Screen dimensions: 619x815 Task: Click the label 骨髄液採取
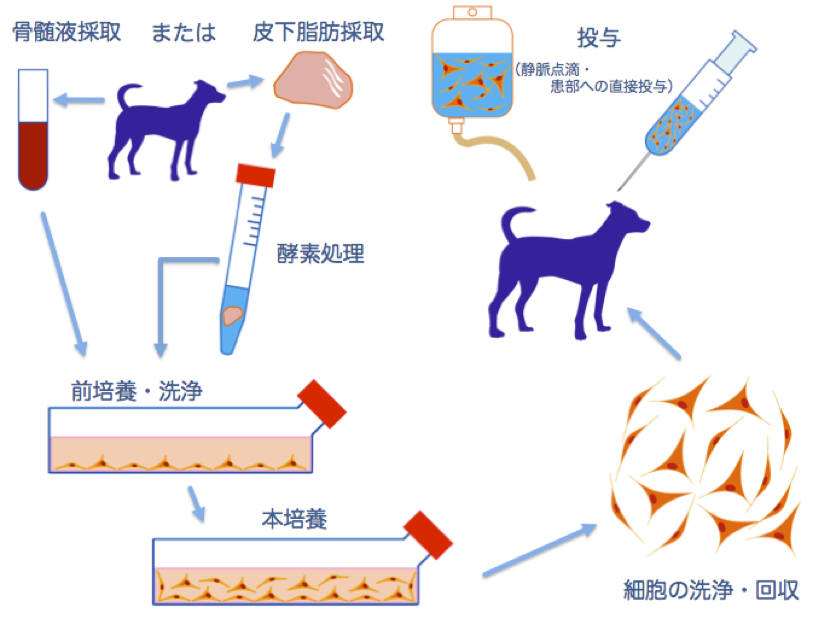[66, 32]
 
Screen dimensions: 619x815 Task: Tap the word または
[183, 32]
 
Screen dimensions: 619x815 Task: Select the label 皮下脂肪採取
[318, 32]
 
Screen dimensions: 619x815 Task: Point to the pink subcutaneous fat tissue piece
[313, 81]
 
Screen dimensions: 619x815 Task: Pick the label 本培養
[294, 519]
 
